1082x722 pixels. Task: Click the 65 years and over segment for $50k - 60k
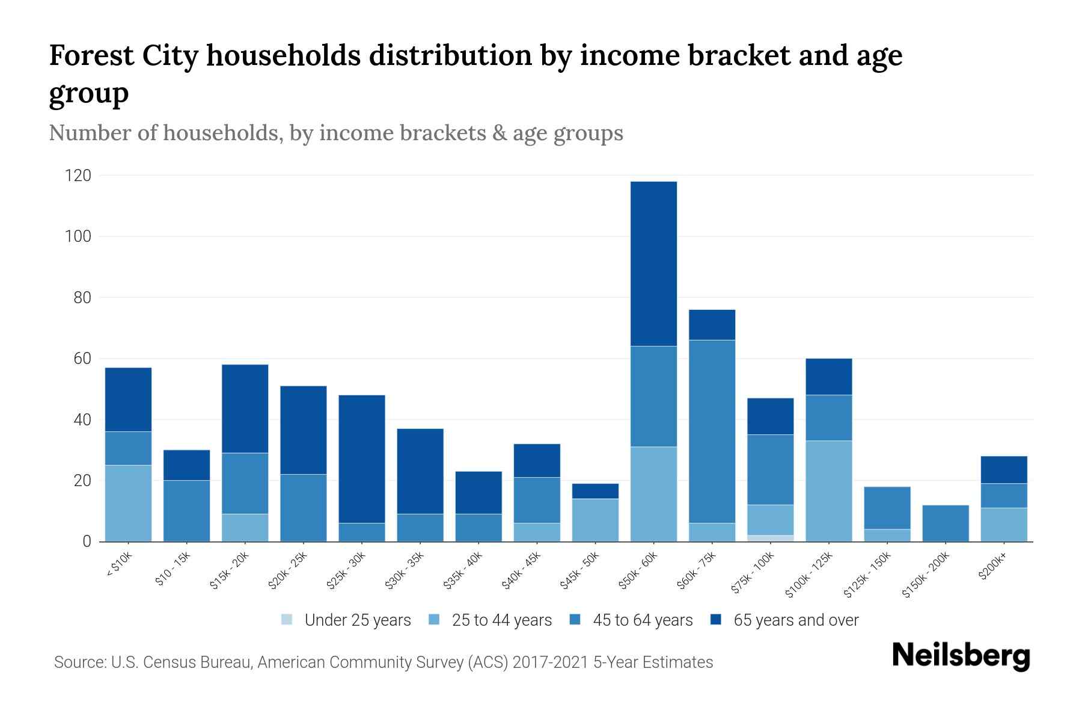653,264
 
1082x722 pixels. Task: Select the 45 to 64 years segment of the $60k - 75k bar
712,431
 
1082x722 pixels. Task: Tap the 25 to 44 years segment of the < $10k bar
128,503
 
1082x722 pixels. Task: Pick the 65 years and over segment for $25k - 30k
361,458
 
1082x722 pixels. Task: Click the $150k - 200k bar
946,523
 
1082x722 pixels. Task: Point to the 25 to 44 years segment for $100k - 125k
828,491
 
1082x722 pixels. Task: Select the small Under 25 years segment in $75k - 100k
770,538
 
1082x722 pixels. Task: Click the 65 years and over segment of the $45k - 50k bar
595,491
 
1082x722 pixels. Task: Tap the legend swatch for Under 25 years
287,620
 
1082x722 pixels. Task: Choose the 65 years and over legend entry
795,620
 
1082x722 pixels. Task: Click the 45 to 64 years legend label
642,620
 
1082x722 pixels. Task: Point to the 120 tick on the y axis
78,176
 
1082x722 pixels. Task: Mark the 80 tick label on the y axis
82,298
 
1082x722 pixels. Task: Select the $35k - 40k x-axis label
463,570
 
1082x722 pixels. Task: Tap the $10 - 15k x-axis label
173,569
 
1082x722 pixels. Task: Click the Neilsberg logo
961,656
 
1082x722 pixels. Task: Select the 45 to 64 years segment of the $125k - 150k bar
887,508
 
